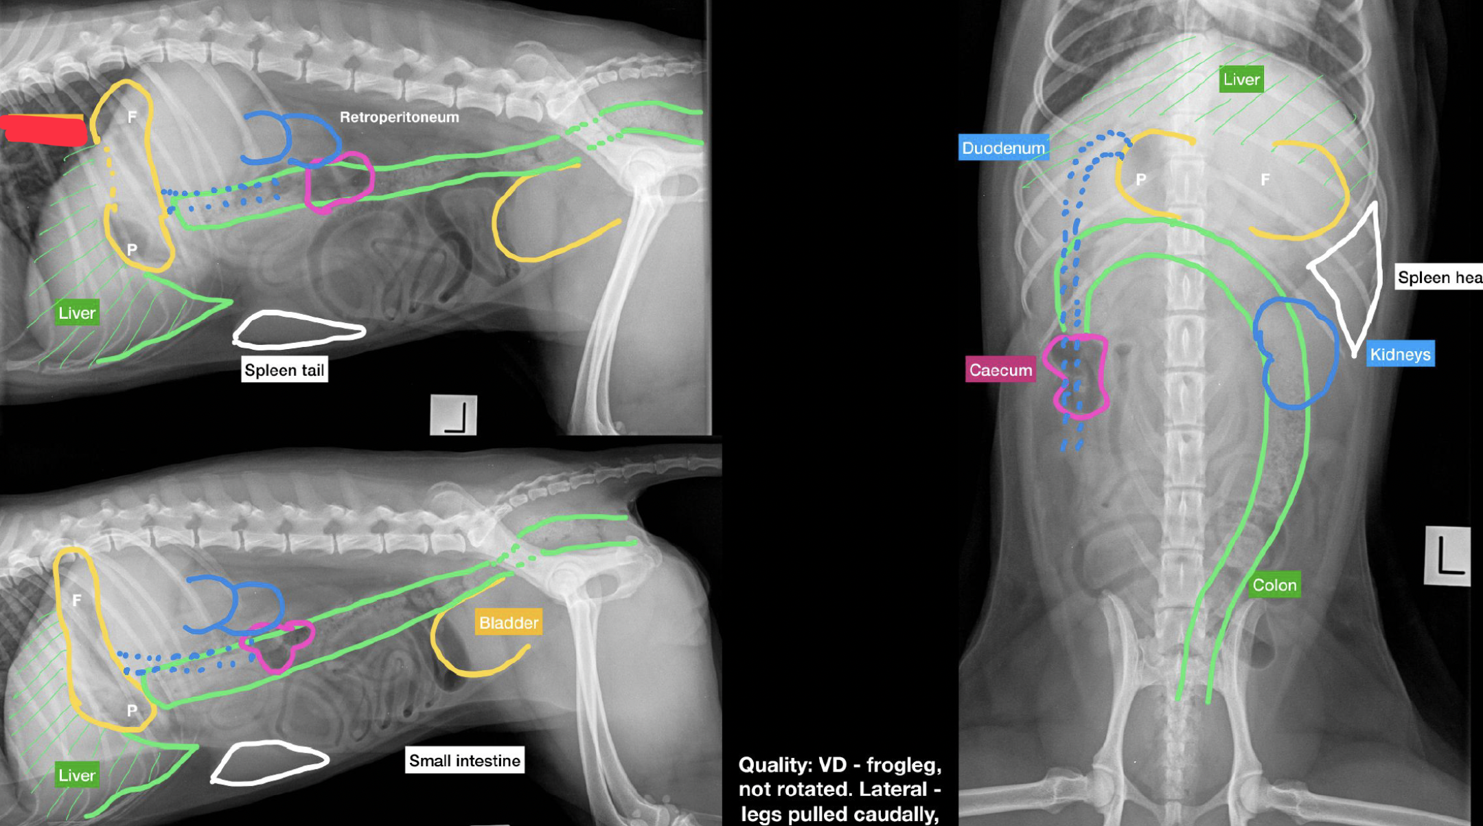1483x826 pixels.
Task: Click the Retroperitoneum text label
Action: pos(400,118)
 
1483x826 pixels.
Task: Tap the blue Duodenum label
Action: pos(1003,148)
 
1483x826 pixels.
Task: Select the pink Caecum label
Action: pos(1000,370)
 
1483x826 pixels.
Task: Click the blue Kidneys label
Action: pos(1400,354)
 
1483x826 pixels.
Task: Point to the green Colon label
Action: pos(1274,585)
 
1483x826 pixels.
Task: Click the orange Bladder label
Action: pos(509,623)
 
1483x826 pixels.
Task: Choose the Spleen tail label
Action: pos(284,370)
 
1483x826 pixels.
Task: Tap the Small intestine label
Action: pos(465,761)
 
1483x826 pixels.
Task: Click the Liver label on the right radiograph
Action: pos(1241,79)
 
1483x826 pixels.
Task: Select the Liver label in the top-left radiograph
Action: pos(77,313)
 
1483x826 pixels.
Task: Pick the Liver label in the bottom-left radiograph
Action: pos(77,775)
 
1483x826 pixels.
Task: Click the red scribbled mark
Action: pos(45,131)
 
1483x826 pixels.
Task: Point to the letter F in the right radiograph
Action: pos(1265,179)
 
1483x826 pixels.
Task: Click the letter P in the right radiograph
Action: pos(1140,179)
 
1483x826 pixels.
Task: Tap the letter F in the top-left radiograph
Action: pos(132,118)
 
